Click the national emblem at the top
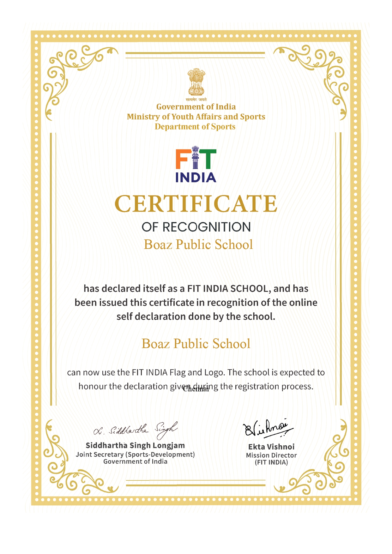[x=196, y=82]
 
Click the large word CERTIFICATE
[x=196, y=204]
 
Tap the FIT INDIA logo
[x=196, y=166]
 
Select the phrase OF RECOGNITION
[x=196, y=227]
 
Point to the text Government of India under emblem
[x=196, y=107]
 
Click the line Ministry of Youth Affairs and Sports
[x=196, y=117]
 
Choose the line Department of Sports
[x=195, y=127]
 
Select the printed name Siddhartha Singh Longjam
[x=135, y=445]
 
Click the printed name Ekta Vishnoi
[x=271, y=447]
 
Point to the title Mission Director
[x=271, y=455]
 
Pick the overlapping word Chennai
[x=196, y=389]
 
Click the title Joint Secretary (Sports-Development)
[x=135, y=454]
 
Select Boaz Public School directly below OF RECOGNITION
[x=198, y=244]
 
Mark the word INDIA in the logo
[x=196, y=178]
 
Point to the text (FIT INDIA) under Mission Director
[x=271, y=462]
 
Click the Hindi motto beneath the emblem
[x=196, y=100]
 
